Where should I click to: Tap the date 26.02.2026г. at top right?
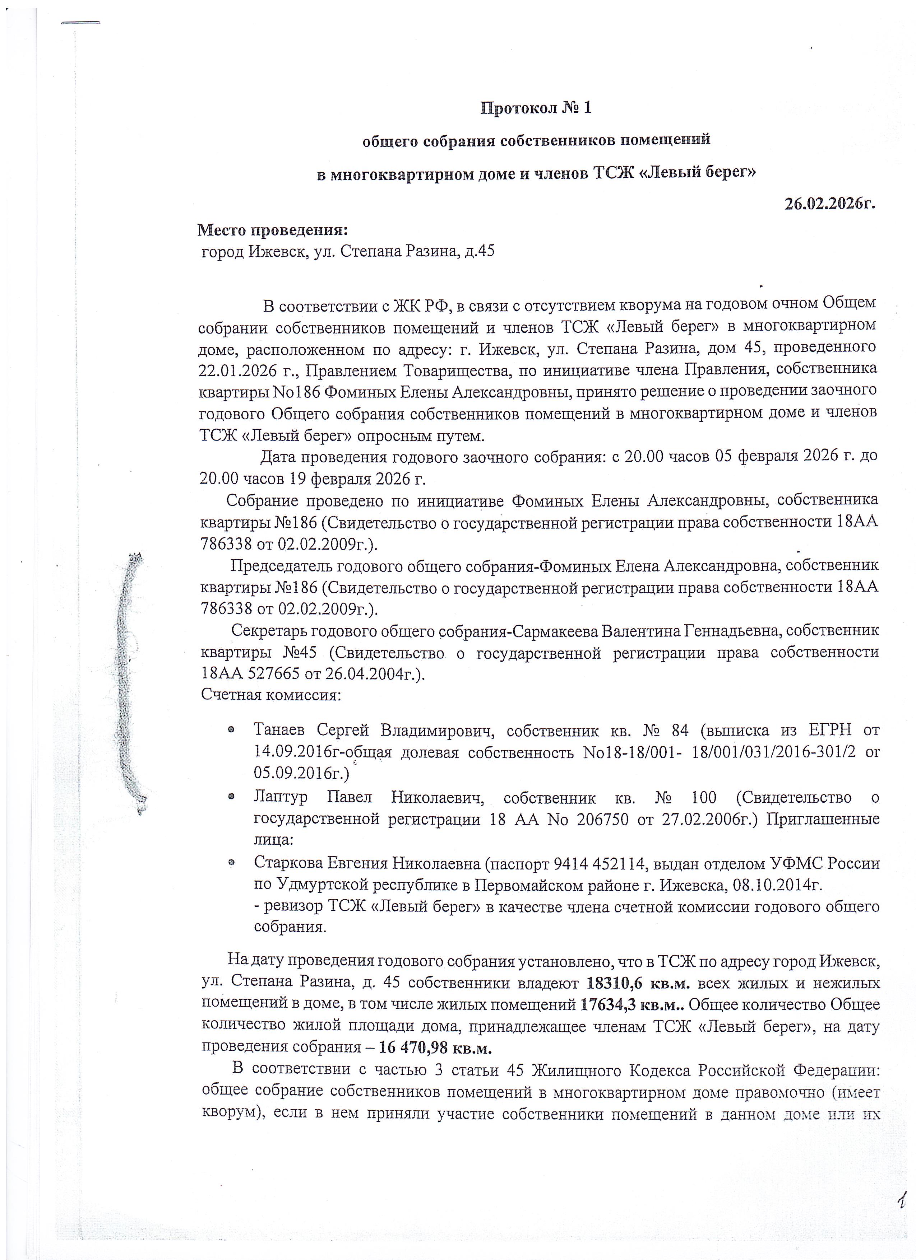(x=830, y=203)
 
